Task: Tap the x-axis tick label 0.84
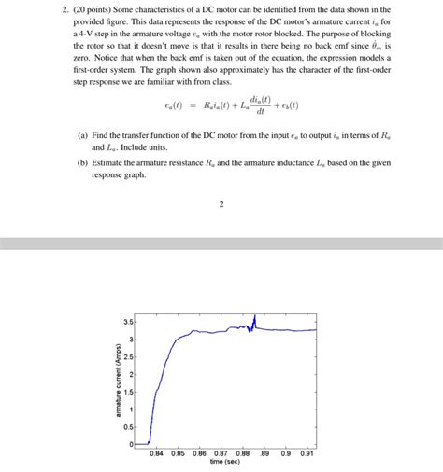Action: pyautogui.click(x=155, y=453)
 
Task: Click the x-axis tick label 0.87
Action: pyautogui.click(x=221, y=453)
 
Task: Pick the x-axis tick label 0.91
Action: pyautogui.click(x=308, y=453)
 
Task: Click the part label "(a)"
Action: pyautogui.click(x=83, y=136)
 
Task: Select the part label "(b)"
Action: pyautogui.click(x=83, y=162)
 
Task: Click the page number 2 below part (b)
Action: pyautogui.click(x=221, y=205)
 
